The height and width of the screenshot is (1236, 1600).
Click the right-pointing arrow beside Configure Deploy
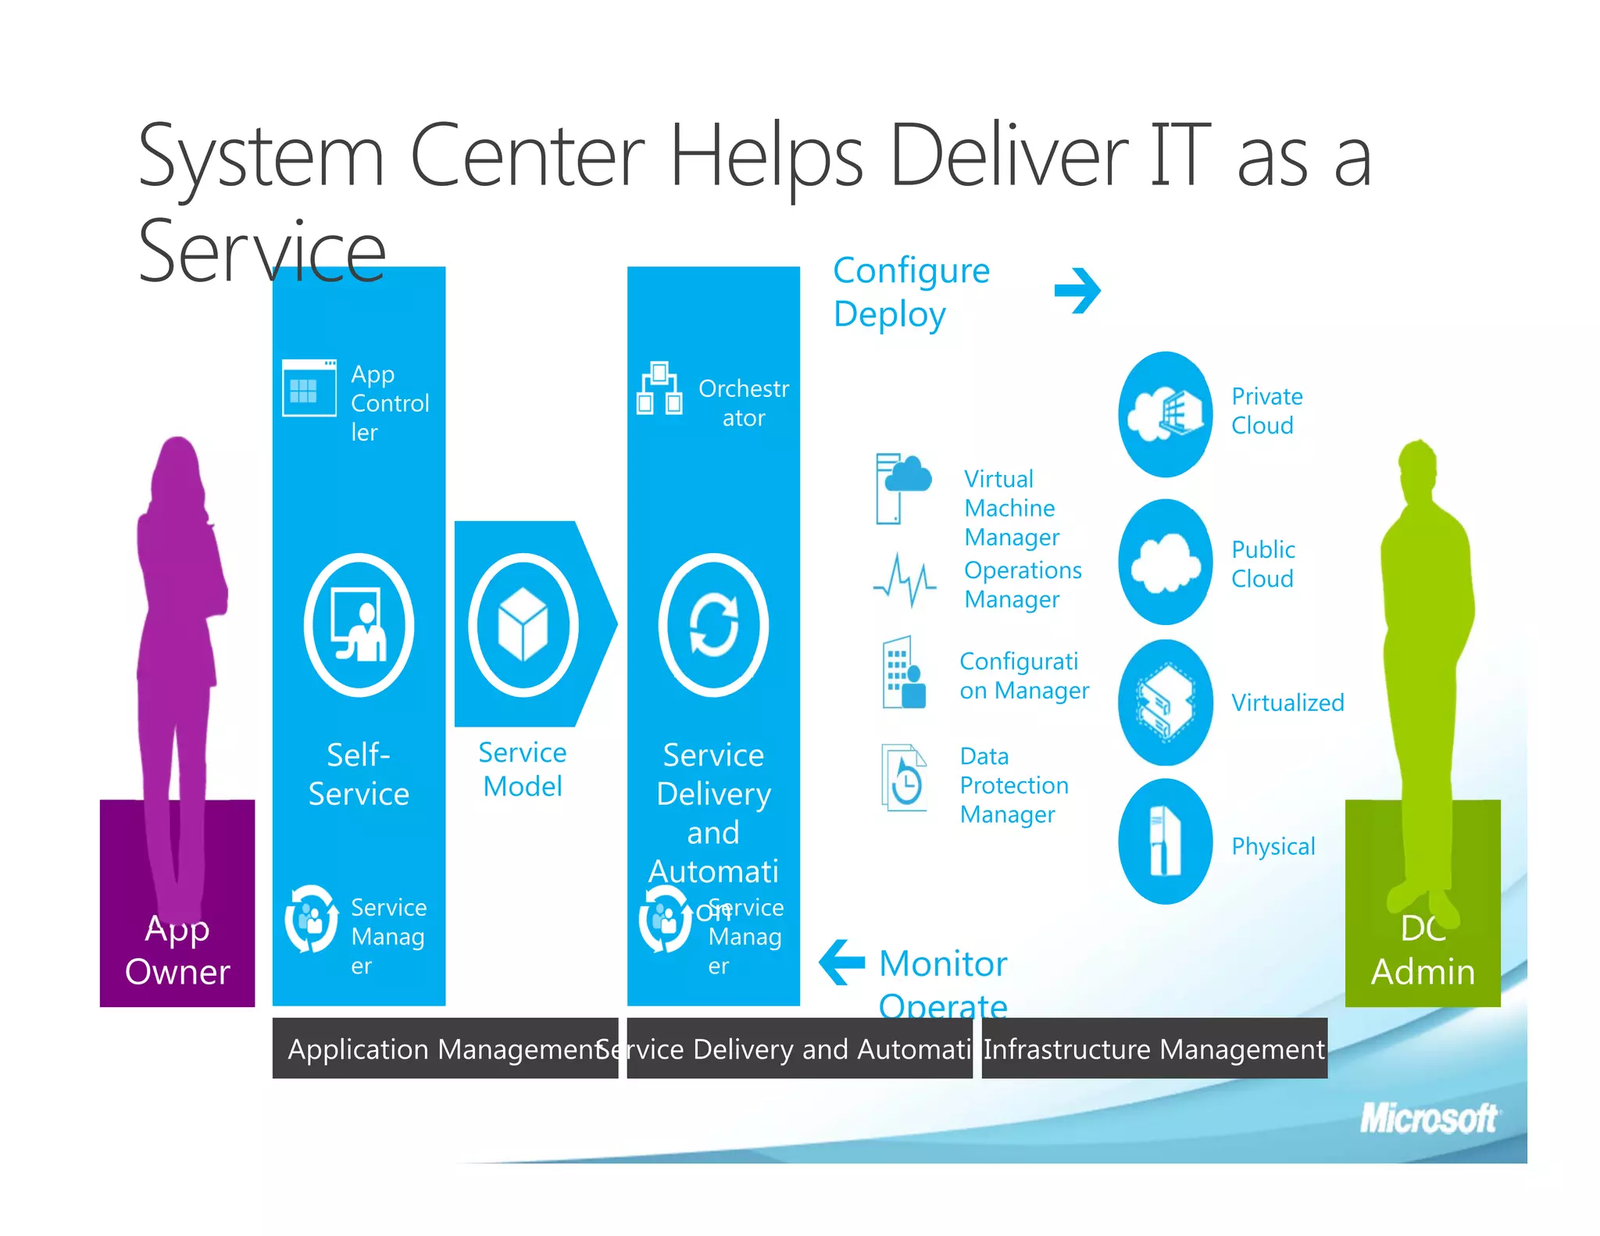coord(1077,291)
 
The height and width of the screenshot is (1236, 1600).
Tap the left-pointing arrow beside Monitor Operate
coord(842,962)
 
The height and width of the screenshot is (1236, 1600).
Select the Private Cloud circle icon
coord(1165,414)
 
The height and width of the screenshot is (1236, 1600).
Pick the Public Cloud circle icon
coord(1165,562)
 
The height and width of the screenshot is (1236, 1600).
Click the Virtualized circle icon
coord(1165,702)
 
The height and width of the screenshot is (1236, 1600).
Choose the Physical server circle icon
coord(1165,841)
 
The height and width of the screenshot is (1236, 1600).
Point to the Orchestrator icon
coord(659,388)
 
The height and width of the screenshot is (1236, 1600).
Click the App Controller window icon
coord(309,388)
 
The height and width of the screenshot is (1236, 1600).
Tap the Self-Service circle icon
coord(359,625)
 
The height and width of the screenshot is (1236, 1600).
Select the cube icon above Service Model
coord(523,625)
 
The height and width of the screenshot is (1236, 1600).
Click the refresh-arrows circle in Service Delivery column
coord(713,625)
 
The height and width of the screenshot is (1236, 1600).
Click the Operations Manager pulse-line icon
coord(905,580)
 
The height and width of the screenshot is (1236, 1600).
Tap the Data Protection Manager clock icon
coord(904,777)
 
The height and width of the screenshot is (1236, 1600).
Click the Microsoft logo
coord(1428,1118)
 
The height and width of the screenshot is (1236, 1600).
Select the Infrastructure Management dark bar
coord(1154,1048)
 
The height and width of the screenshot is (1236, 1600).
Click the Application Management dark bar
coord(445,1048)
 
